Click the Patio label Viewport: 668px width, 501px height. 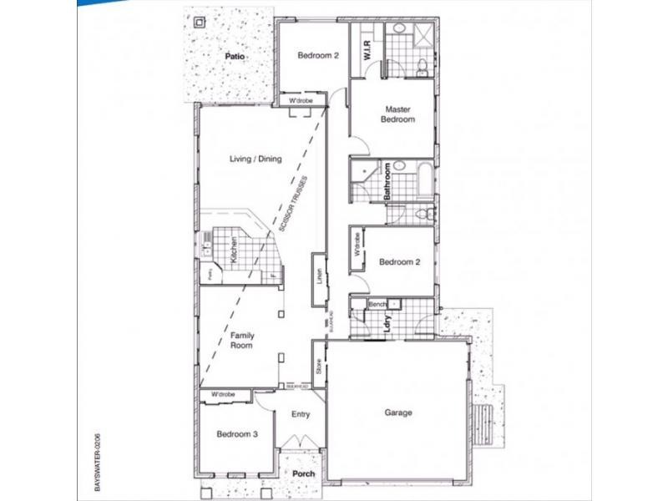click(234, 56)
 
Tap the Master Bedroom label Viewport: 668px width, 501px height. click(398, 114)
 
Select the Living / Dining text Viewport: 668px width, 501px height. click(256, 159)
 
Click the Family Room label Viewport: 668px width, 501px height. click(242, 342)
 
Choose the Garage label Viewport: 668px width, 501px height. click(399, 412)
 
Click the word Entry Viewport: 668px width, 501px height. click(301, 414)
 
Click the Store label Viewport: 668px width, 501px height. click(318, 366)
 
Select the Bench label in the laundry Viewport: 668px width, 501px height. click(376, 304)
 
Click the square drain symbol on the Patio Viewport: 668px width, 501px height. click(200, 23)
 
